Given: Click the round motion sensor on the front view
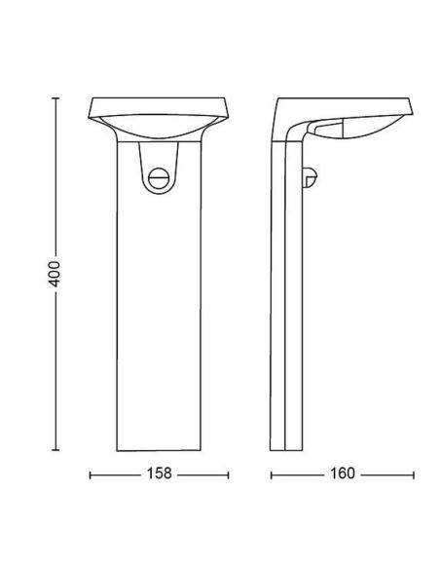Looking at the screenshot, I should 161,177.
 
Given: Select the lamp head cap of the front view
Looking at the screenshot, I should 160,105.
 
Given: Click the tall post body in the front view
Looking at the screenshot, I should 160,312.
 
